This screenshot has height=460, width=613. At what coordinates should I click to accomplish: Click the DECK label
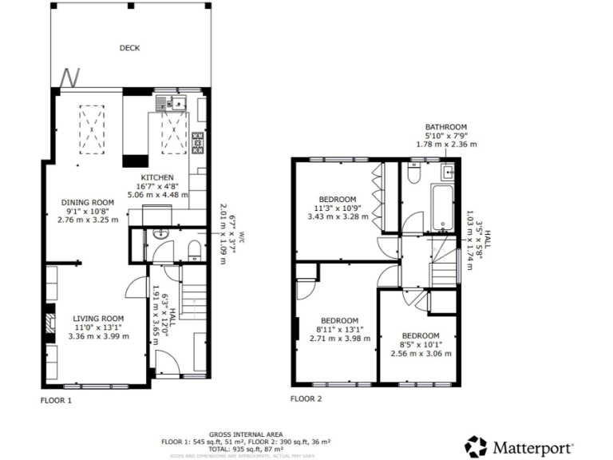click(129, 48)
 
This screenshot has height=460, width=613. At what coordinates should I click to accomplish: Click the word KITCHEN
click(157, 176)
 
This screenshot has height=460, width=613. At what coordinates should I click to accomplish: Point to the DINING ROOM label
click(88, 202)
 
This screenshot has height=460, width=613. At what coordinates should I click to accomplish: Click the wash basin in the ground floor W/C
click(159, 236)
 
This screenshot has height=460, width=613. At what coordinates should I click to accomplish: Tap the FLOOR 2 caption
click(306, 399)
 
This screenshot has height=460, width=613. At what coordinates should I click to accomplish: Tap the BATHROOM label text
click(445, 127)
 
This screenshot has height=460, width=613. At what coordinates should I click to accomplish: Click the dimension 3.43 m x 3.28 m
click(338, 216)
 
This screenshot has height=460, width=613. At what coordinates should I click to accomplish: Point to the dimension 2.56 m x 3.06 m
click(421, 354)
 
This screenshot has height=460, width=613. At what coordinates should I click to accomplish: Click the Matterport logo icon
click(477, 446)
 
